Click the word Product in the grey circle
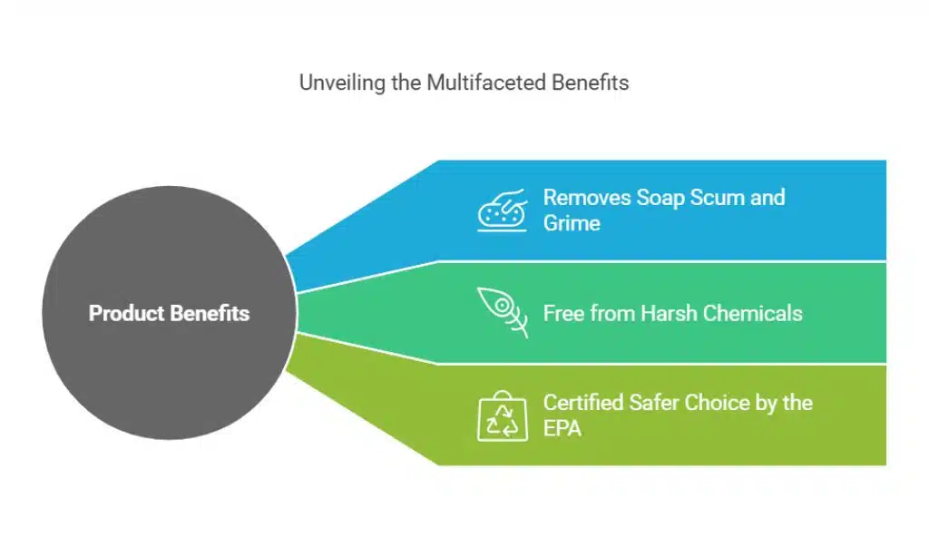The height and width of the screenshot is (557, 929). (x=125, y=314)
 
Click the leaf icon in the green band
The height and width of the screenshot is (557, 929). (x=503, y=312)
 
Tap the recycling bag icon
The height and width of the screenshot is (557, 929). (x=503, y=416)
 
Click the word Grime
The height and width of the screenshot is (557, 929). (x=573, y=222)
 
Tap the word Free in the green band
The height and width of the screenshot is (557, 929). (x=564, y=314)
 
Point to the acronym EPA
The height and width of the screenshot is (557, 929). (x=562, y=427)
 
